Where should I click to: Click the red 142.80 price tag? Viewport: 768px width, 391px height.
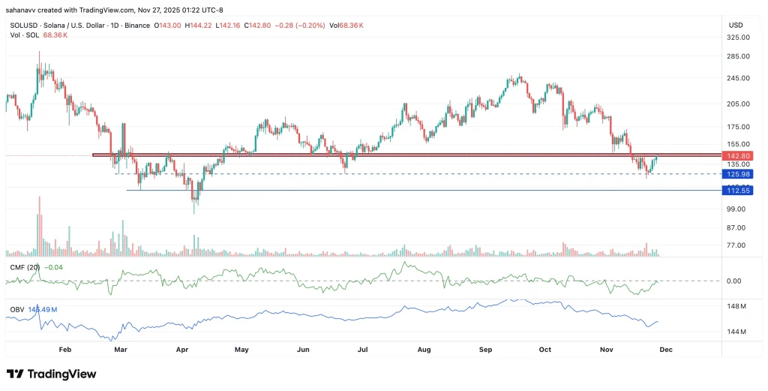coord(735,155)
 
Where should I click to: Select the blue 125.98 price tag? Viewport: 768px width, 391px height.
coord(735,173)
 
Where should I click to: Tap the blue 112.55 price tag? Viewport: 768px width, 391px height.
coord(735,191)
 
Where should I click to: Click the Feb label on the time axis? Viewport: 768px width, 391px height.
coord(64,350)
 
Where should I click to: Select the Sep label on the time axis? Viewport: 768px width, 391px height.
coord(485,350)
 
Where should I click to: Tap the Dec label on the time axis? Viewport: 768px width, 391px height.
coord(665,350)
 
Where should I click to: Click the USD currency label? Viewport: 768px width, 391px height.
coord(735,25)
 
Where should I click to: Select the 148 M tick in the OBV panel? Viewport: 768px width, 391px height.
coord(736,306)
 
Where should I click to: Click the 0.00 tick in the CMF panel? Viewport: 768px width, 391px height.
coord(734,281)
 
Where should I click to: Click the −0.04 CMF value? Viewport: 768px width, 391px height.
coord(54,266)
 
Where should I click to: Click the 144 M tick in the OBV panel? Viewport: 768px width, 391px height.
coord(736,331)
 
